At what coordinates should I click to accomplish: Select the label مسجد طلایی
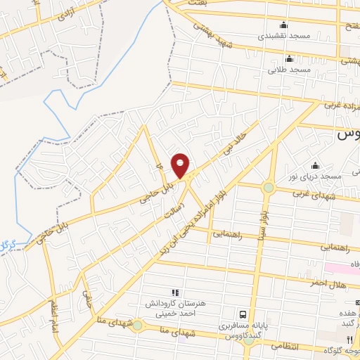pyautogui.click(x=288, y=70)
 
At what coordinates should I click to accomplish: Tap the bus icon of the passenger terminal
pyautogui.click(x=243, y=314)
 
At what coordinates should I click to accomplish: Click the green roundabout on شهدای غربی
pyautogui.click(x=268, y=188)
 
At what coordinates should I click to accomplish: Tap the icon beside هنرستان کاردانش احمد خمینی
pyautogui.click(x=175, y=292)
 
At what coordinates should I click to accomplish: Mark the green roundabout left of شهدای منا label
pyautogui.click(x=137, y=326)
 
